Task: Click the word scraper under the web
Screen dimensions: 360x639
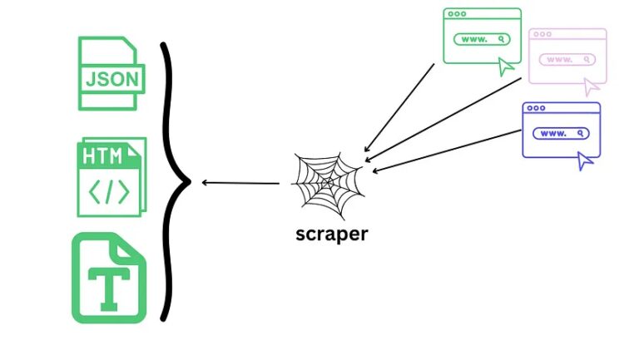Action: pyautogui.click(x=331, y=234)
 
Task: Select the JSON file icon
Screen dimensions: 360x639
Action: pyautogui.click(x=111, y=73)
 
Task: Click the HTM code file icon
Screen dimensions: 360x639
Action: pyautogui.click(x=111, y=176)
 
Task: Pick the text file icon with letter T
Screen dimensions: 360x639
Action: pyautogui.click(x=108, y=278)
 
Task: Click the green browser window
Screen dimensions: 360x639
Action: pyautogui.click(x=482, y=36)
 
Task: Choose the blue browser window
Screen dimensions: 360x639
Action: pyautogui.click(x=561, y=130)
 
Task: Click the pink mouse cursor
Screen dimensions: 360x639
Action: pyautogui.click(x=592, y=86)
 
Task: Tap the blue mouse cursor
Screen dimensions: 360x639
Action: pyautogui.click(x=586, y=160)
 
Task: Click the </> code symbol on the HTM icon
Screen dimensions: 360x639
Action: pyautogui.click(x=110, y=192)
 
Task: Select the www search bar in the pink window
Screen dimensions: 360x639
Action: pyautogui.click(x=567, y=59)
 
